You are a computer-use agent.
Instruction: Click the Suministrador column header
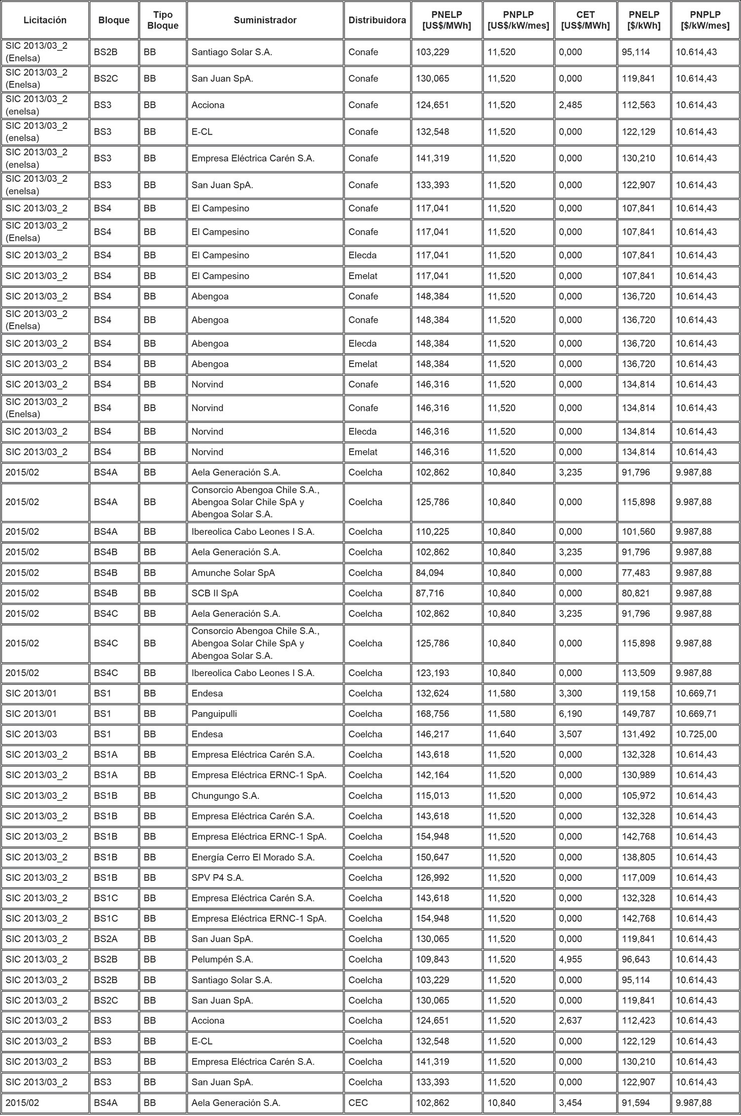coord(265,20)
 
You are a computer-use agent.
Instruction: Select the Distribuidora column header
coord(377,20)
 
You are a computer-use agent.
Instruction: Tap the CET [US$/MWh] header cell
coord(585,20)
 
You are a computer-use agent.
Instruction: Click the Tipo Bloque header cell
coord(163,20)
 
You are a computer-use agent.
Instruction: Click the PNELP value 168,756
coord(433,714)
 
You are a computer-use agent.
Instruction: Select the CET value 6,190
coord(571,714)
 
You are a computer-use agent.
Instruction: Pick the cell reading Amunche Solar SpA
coord(233,573)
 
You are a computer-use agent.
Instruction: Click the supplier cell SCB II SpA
coord(215,593)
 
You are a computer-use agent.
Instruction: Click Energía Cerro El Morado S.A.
coord(253,857)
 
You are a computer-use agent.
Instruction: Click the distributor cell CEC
coord(358,1103)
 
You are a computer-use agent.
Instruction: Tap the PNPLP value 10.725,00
coord(696,734)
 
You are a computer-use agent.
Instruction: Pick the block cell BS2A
coord(106,939)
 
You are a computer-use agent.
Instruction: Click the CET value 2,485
coord(571,105)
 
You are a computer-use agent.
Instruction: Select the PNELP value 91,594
coord(636,1103)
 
